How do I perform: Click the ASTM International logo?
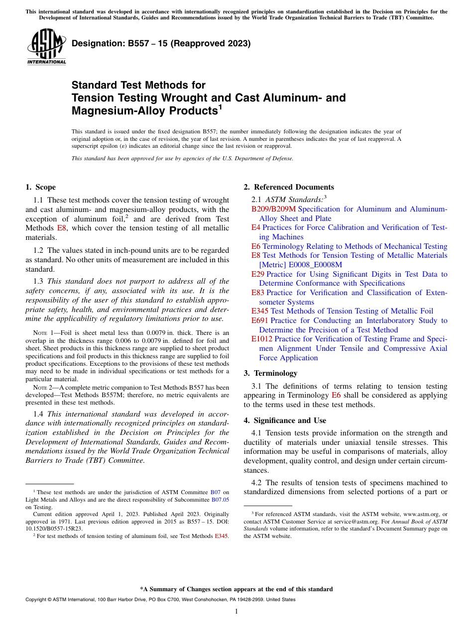point(46,47)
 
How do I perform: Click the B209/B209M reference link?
point(273,209)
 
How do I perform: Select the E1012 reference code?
point(261,339)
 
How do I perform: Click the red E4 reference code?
point(255,227)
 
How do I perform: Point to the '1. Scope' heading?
point(40,187)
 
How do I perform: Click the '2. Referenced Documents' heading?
point(288,187)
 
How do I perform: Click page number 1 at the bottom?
point(236,611)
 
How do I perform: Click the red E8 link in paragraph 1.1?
point(62,228)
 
